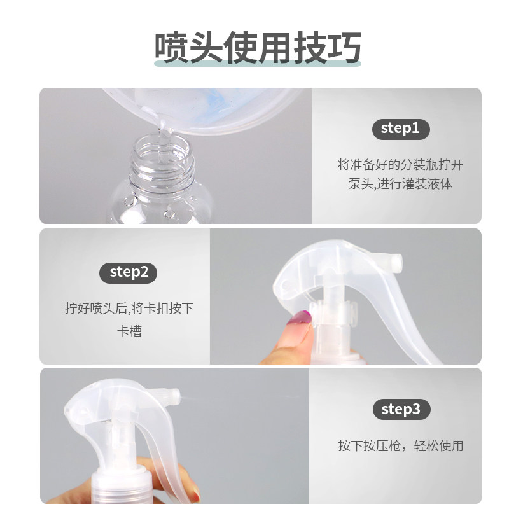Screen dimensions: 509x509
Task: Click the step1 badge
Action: pos(401,129)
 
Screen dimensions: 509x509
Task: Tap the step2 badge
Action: pos(129,273)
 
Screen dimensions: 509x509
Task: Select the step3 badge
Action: pos(401,409)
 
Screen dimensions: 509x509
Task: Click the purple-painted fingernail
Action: pos(300,318)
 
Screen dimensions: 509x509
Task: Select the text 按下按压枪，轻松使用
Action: pos(401,446)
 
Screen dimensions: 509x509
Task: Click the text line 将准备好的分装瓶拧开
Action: pos(401,165)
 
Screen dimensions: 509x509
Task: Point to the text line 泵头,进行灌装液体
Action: pos(401,184)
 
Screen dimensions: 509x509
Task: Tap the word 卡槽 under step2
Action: pos(129,331)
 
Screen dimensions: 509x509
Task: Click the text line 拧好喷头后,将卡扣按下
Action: pos(129,308)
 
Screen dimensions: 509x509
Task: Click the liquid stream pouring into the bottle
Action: pos(162,143)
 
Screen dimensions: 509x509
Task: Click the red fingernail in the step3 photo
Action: pos(197,494)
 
